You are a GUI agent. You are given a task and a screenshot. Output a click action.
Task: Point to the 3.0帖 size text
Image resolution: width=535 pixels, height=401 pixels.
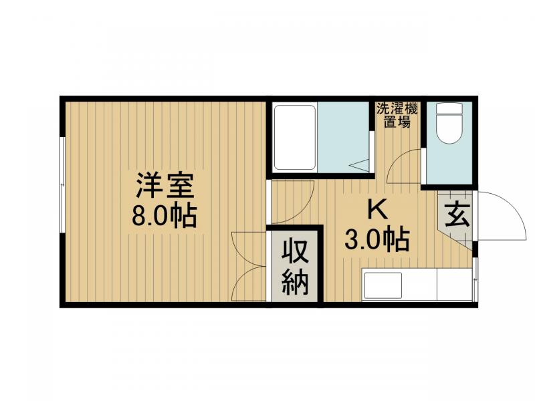377,239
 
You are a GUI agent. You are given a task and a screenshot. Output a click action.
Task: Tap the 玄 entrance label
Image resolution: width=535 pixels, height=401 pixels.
457,215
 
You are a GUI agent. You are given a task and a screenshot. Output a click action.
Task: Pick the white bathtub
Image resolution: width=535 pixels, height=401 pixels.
294,137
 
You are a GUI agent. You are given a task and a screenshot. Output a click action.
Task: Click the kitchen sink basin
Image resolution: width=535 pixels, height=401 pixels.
383,285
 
